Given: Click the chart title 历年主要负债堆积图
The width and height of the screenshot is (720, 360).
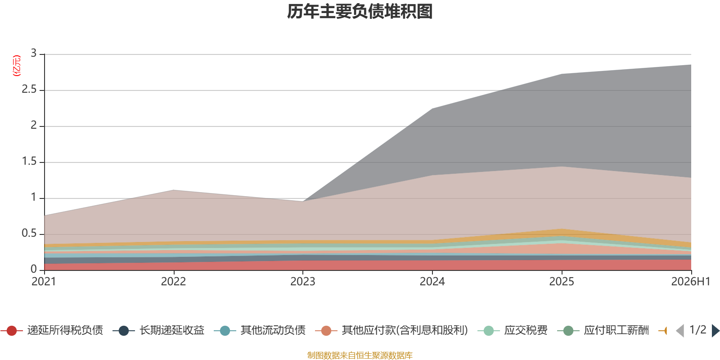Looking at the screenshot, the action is (x=360, y=12).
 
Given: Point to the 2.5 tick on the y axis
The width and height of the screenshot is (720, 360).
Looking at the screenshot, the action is (x=29, y=90).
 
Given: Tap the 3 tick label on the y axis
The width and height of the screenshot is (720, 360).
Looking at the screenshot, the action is (x=33, y=54).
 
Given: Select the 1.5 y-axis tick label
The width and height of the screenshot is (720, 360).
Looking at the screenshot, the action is (x=29, y=162).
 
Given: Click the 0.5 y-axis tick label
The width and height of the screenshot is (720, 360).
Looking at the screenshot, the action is (x=29, y=234).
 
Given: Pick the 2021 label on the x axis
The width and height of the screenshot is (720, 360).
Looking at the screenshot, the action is (x=44, y=282).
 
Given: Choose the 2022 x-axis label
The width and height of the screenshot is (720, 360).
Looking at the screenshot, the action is (x=174, y=282).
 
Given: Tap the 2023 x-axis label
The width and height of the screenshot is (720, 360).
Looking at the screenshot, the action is (x=303, y=282).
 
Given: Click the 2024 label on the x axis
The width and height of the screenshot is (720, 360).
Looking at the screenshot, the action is (x=432, y=282).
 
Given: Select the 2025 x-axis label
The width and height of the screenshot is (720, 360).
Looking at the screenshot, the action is (x=562, y=282).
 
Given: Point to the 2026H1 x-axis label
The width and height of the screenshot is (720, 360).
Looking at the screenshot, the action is (x=691, y=282).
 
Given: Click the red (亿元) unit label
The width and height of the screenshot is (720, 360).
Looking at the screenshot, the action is (x=16, y=66).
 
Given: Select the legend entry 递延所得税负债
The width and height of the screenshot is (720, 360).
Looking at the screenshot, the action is (x=52, y=330).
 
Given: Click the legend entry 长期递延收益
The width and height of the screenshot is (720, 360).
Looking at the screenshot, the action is (x=158, y=330).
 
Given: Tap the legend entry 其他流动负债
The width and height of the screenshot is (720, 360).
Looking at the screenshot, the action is (x=260, y=330).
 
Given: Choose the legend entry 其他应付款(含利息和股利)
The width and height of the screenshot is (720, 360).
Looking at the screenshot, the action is (x=391, y=330).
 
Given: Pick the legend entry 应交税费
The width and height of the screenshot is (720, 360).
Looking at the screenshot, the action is (x=513, y=330).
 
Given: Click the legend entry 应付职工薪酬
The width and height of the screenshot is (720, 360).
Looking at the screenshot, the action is (x=603, y=330).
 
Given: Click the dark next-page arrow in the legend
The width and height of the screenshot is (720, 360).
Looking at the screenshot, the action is (x=715, y=330).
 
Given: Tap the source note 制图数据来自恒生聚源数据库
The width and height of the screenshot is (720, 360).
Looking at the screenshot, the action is (x=360, y=355).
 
